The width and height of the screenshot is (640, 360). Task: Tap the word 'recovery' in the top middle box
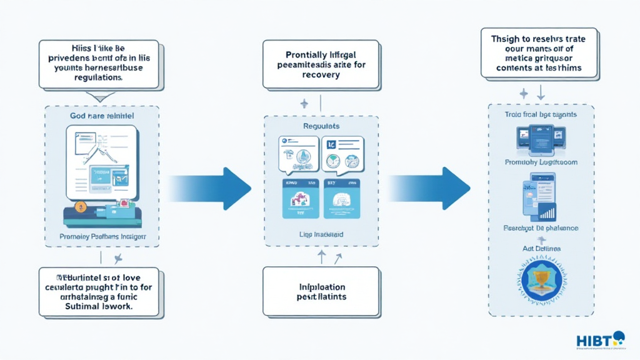pyautogui.click(x=321, y=75)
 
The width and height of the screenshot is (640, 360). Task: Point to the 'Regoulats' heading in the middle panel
pyautogui.click(x=321, y=126)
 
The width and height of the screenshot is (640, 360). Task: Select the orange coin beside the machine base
pyautogui.click(x=79, y=206)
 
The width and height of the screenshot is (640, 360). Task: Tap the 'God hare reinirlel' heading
pyautogui.click(x=102, y=116)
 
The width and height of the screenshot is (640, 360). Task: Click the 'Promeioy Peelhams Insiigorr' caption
pyautogui.click(x=102, y=237)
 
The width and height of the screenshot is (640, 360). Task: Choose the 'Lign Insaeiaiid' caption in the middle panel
pyautogui.click(x=321, y=234)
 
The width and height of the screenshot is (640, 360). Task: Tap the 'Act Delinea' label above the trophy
pyautogui.click(x=541, y=249)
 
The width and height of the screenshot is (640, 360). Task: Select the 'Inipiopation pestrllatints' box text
pyautogui.click(x=321, y=291)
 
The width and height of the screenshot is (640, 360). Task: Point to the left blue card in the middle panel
pyautogui.click(x=301, y=198)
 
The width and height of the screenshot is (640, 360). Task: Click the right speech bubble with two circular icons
pyautogui.click(x=342, y=155)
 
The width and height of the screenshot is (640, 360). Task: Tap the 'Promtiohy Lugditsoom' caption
pyautogui.click(x=541, y=162)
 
